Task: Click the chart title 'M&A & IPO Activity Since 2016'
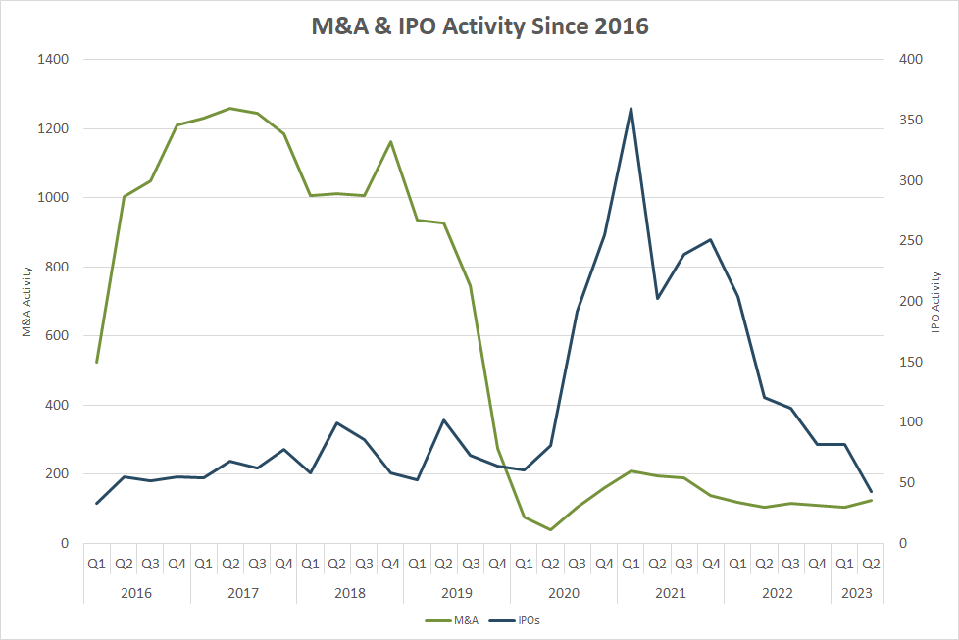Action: coord(479,25)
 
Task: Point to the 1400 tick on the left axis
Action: coord(53,60)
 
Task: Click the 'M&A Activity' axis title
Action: coord(28,302)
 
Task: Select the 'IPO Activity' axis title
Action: coord(935,302)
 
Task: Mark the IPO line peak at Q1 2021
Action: coord(631,109)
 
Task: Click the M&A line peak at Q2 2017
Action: coord(230,108)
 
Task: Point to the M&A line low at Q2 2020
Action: coord(551,529)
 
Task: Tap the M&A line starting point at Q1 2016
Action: coord(96,362)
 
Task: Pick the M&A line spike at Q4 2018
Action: coord(390,141)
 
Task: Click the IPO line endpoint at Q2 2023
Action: coord(871,492)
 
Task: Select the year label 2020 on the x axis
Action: coord(564,593)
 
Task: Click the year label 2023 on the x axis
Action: coord(857,593)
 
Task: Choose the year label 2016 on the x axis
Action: coord(136,593)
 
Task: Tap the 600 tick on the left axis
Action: coord(57,336)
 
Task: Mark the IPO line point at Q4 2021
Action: coord(711,239)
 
